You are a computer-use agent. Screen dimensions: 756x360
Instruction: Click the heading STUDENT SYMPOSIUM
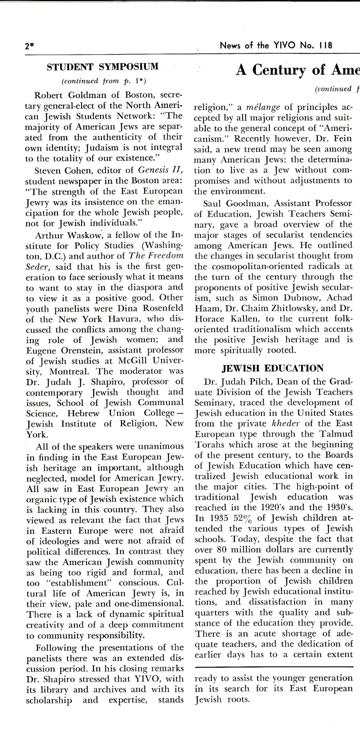(103, 67)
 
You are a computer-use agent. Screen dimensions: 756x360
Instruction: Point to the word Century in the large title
(285, 70)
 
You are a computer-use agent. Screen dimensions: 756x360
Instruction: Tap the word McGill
(130, 361)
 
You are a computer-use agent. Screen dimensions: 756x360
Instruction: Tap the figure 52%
(237, 518)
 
